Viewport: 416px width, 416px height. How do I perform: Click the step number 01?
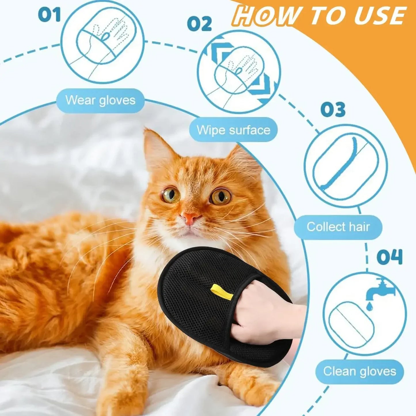click(x=49, y=15)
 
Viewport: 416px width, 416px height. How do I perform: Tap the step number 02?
click(x=200, y=24)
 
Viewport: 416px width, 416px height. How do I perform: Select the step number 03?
click(x=333, y=110)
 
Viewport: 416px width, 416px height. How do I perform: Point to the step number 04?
click(x=390, y=257)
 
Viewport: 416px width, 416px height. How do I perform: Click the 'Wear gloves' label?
click(x=100, y=100)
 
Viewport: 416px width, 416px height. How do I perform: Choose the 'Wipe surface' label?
click(x=233, y=130)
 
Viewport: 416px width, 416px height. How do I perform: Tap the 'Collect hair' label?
click(x=338, y=227)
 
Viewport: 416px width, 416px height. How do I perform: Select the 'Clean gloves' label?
click(x=360, y=371)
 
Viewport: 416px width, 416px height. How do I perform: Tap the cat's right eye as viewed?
click(x=221, y=197)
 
